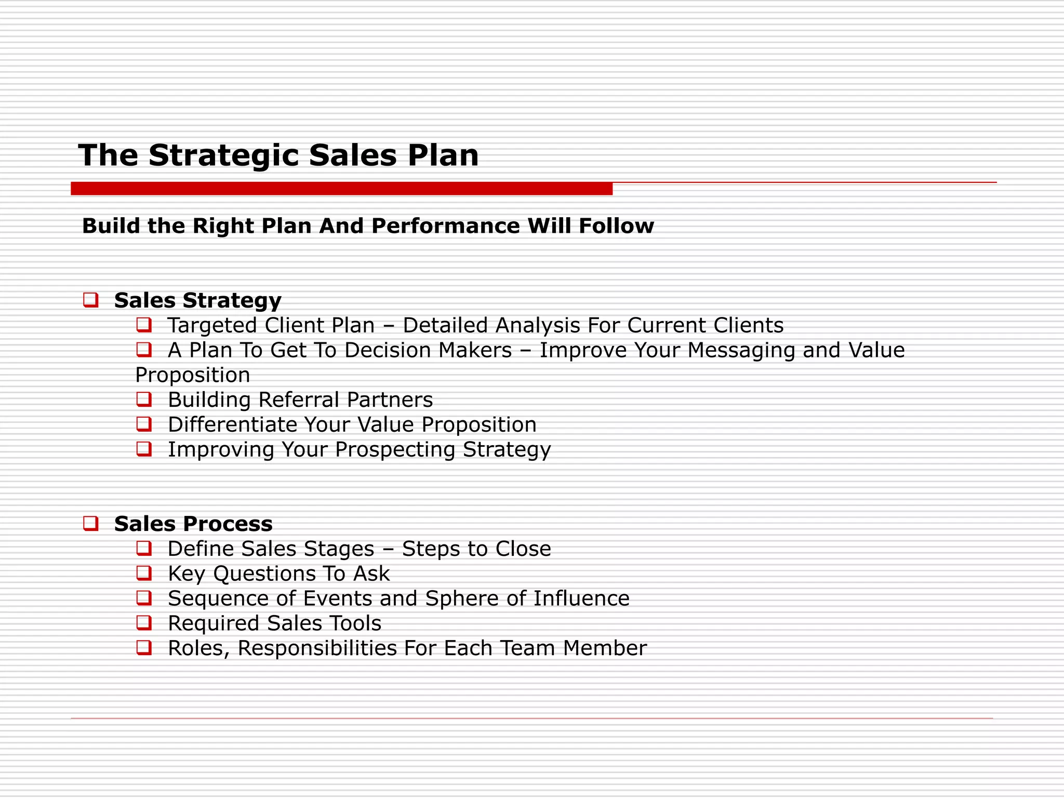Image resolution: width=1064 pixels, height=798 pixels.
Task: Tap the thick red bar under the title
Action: (341, 189)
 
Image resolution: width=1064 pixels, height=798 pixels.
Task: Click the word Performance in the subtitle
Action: (445, 226)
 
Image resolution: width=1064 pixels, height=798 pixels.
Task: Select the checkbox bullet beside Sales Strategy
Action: (90, 300)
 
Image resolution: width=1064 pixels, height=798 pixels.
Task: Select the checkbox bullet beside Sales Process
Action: (90, 523)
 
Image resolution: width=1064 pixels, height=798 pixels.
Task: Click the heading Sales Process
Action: (193, 524)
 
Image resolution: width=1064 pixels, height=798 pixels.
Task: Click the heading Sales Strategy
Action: (197, 300)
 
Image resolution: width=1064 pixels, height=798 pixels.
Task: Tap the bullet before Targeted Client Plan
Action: (144, 325)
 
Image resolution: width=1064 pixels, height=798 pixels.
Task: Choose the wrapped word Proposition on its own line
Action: (193, 375)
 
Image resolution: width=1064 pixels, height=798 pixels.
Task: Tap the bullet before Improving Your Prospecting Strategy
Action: (144, 449)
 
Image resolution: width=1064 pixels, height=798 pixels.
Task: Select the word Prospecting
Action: (395, 450)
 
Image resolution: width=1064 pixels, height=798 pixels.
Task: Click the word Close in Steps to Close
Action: (523, 549)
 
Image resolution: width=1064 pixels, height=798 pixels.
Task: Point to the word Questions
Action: (264, 574)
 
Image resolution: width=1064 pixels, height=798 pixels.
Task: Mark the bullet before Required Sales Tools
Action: (144, 622)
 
